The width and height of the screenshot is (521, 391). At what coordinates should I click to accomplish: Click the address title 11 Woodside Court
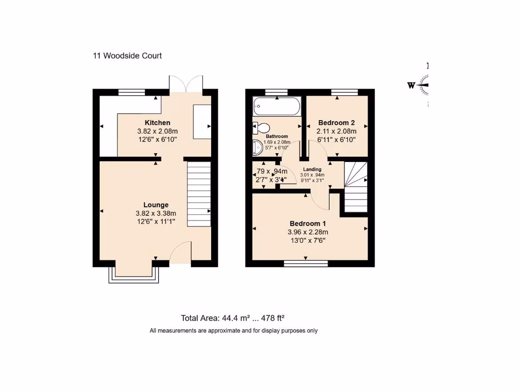pyautogui.click(x=127, y=56)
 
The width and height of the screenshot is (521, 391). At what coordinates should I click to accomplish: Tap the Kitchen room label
pyautogui.click(x=157, y=123)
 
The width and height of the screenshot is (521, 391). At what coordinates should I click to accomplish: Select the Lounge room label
pyautogui.click(x=156, y=205)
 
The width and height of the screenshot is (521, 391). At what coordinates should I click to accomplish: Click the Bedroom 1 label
pyautogui.click(x=308, y=224)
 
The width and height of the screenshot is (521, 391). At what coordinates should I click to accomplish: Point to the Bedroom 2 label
pyautogui.click(x=336, y=123)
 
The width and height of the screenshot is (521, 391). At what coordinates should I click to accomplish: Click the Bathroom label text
pyautogui.click(x=277, y=136)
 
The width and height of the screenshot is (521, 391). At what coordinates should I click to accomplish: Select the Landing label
pyautogui.click(x=312, y=170)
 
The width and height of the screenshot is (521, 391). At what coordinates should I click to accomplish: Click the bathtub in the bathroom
pyautogui.click(x=277, y=106)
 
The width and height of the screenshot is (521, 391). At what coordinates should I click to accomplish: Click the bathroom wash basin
pyautogui.click(x=257, y=148)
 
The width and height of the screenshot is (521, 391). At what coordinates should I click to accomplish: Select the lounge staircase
pyautogui.click(x=199, y=194)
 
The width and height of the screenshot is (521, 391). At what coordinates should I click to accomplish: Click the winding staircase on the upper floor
pyautogui.click(x=356, y=186)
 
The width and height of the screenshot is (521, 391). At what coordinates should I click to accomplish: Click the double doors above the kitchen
pyautogui.click(x=187, y=85)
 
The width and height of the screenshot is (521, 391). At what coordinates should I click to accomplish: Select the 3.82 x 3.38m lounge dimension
pyautogui.click(x=156, y=213)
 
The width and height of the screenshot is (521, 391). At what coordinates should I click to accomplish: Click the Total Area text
pyautogui.click(x=233, y=318)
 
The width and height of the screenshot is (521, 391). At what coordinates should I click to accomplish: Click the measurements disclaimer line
pyautogui.click(x=233, y=331)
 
